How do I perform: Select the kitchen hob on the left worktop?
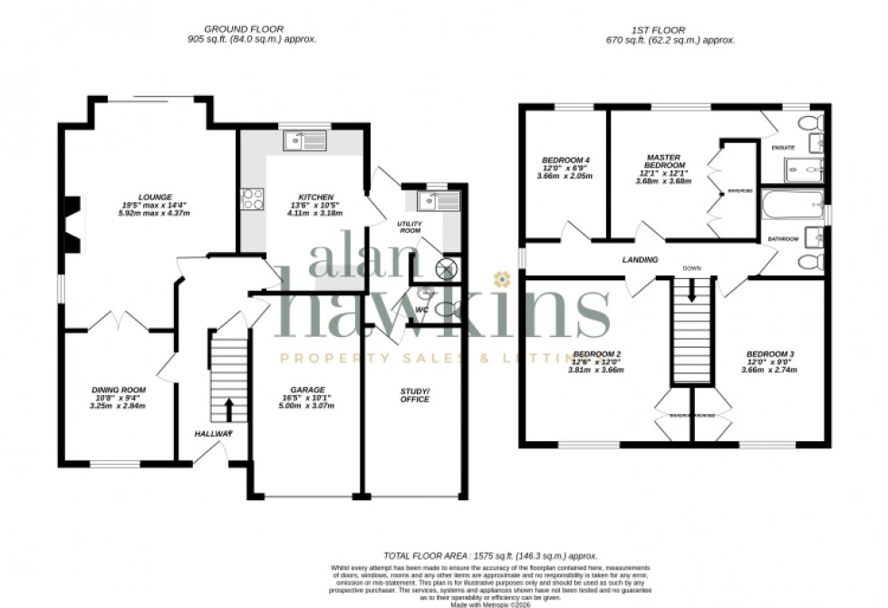point(251,198)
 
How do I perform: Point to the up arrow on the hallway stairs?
point(227,410)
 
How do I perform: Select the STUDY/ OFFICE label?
point(416,394)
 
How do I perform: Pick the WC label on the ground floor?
point(421,310)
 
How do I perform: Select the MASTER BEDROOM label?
point(663,160)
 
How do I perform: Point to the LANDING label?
point(639,261)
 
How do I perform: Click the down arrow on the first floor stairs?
point(692,292)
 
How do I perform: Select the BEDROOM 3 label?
point(769,353)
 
